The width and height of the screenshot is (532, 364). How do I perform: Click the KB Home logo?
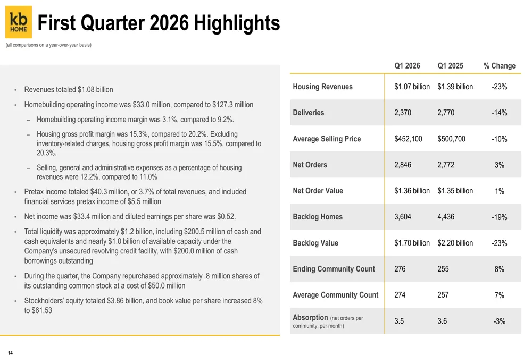(x=19, y=22)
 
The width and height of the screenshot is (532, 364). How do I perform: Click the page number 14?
(x=10, y=353)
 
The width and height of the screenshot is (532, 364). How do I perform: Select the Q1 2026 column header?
(x=407, y=66)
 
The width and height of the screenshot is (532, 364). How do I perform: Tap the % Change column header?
(x=499, y=66)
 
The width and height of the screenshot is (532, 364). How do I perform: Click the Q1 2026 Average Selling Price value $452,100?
(x=408, y=139)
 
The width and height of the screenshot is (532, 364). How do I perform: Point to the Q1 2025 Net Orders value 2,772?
(x=446, y=165)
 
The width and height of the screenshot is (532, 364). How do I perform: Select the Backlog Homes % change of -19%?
(x=499, y=217)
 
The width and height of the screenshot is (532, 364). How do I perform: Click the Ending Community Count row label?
(x=334, y=269)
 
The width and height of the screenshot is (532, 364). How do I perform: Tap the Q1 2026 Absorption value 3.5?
(x=399, y=321)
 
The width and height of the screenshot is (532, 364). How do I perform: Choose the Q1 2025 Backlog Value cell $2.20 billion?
(x=455, y=243)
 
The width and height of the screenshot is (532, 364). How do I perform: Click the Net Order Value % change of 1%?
(x=499, y=191)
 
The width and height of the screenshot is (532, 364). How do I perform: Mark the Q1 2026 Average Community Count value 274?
(x=400, y=295)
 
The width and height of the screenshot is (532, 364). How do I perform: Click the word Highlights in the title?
(x=237, y=23)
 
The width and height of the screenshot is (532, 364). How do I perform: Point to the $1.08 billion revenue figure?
(x=95, y=90)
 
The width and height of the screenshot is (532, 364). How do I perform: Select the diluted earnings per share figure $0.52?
(x=226, y=217)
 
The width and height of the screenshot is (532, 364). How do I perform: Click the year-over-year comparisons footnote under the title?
(x=48, y=45)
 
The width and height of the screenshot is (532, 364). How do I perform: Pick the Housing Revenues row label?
(x=322, y=87)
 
